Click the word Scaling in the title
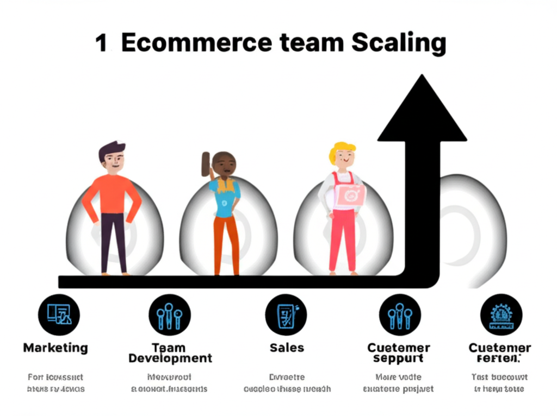coord(398,43)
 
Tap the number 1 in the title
coord(101,44)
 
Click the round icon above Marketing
coord(59,314)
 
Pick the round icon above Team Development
coord(169,316)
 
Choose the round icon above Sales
coord(286,315)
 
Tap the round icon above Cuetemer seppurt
coord(399,315)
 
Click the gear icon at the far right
coord(501,315)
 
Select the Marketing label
coord(55,348)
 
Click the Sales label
coord(287,348)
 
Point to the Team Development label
coord(170,353)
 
